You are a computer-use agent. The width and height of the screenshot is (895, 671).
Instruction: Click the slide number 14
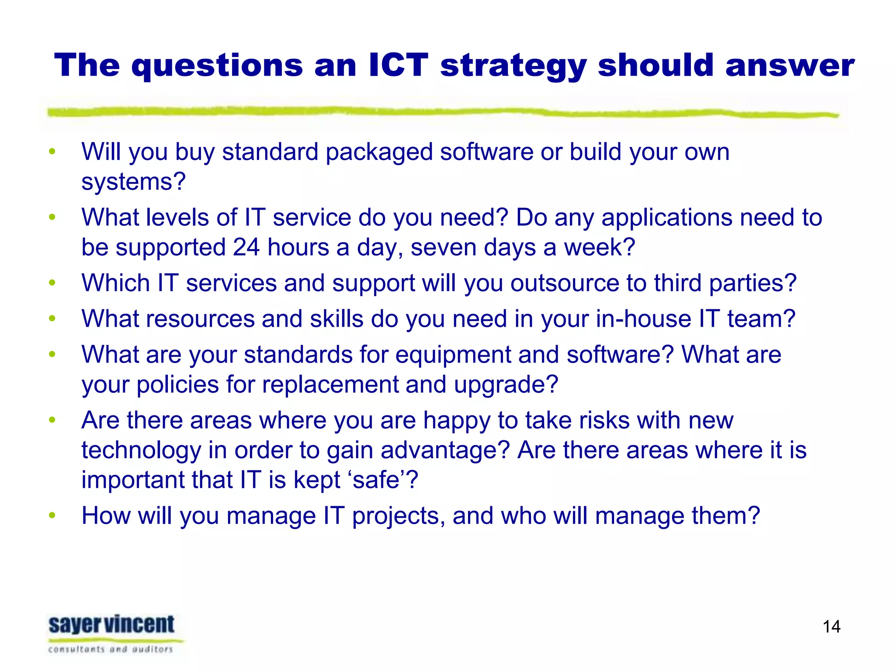point(831,626)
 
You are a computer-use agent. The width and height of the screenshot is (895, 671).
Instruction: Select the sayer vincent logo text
point(111,625)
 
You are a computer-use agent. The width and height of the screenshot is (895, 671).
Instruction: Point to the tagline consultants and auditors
point(111,649)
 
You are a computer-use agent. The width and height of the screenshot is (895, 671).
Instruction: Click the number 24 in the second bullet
point(246,247)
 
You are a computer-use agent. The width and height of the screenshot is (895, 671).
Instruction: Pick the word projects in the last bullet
point(399,515)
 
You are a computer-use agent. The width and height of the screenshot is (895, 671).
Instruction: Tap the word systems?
point(134,182)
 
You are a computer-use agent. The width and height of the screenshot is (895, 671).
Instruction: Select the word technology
point(141,450)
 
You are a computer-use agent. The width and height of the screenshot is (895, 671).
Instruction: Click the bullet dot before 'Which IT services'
point(52,283)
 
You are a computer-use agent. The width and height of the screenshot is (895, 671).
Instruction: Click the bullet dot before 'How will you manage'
point(52,515)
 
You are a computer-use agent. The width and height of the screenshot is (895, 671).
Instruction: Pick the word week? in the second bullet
point(599,247)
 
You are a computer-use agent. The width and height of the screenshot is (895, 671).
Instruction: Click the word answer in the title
point(789,66)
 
